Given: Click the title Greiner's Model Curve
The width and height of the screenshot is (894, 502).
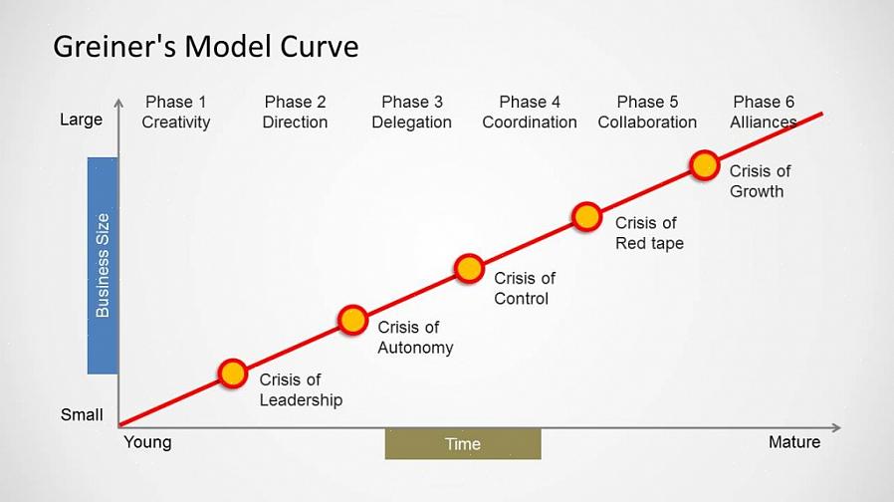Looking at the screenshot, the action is pyautogui.click(x=206, y=47).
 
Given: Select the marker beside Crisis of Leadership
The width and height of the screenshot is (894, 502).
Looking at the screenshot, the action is pyautogui.click(x=233, y=374).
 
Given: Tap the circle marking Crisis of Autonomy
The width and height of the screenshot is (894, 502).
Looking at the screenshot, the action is pyautogui.click(x=353, y=320).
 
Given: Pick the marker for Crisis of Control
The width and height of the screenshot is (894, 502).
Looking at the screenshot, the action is pyautogui.click(x=469, y=269).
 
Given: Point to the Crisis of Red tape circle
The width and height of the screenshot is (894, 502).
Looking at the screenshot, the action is pyautogui.click(x=586, y=217).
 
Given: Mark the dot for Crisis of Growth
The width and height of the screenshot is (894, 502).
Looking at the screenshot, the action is pyautogui.click(x=704, y=165).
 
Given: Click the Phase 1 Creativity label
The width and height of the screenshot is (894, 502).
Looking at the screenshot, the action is pyautogui.click(x=175, y=112).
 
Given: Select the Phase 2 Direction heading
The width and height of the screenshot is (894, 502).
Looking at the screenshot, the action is pyautogui.click(x=295, y=112).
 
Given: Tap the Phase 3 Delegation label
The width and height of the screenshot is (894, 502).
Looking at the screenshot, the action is pyautogui.click(x=411, y=112).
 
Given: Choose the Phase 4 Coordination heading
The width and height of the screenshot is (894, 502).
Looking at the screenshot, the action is pyautogui.click(x=530, y=112).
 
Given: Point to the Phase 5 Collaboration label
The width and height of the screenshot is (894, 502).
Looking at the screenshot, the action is pyautogui.click(x=647, y=112).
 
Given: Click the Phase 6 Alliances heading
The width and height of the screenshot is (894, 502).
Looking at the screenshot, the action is pyautogui.click(x=764, y=112).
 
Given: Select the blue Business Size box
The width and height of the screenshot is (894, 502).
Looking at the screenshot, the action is pyautogui.click(x=103, y=266).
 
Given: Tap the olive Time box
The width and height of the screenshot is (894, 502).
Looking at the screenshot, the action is pyautogui.click(x=463, y=444).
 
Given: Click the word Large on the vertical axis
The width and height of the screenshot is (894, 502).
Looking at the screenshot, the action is pyautogui.click(x=81, y=120).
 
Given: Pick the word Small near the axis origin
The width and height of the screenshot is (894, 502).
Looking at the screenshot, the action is pyautogui.click(x=82, y=414).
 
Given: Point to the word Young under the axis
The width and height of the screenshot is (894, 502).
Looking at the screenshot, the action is pyautogui.click(x=147, y=442).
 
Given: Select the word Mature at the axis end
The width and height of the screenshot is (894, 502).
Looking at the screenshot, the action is pyautogui.click(x=794, y=442).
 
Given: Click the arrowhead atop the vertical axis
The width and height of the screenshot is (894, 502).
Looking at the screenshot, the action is pyautogui.click(x=118, y=103).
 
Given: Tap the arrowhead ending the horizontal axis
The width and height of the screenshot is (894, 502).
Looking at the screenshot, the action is pyautogui.click(x=836, y=427).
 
